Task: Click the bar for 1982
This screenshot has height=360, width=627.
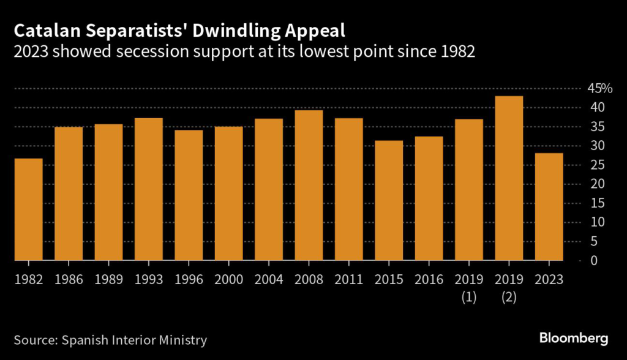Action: (x=28, y=209)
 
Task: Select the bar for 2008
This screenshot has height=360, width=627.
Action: (x=308, y=186)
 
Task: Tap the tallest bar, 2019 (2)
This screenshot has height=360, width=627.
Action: (x=508, y=178)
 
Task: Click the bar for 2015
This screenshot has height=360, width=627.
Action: (x=388, y=201)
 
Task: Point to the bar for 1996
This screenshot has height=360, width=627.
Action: (x=188, y=195)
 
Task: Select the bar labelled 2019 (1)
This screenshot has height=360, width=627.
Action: (x=468, y=190)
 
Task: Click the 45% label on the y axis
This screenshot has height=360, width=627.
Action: (x=600, y=89)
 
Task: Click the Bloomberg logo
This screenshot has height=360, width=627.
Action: (x=573, y=337)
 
